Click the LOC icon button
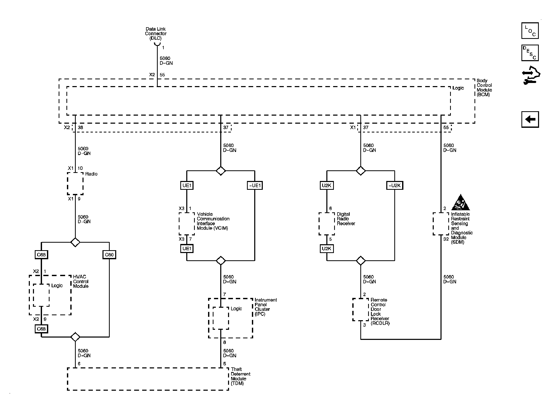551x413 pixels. pos(530,31)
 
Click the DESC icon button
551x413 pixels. pos(530,53)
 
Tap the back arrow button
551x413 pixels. pos(530,120)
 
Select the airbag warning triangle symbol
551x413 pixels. pos(460,202)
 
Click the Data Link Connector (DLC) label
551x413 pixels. pos(156,34)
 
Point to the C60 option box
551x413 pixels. pos(109,255)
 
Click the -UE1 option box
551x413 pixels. pos(255,185)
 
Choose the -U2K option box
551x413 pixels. pos(395,185)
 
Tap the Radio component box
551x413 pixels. pos(75,184)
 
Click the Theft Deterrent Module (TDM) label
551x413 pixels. pos(240,376)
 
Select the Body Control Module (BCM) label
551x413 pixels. pos(484,88)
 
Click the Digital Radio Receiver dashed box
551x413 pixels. pos(327,224)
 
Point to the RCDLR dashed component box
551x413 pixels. pos(361,310)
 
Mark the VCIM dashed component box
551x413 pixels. pos(187,224)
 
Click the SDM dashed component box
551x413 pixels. pos(441,224)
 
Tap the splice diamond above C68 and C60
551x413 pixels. pos(75,242)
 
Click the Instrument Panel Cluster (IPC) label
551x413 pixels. pos(266,307)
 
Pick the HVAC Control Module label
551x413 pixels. pos(81,282)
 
